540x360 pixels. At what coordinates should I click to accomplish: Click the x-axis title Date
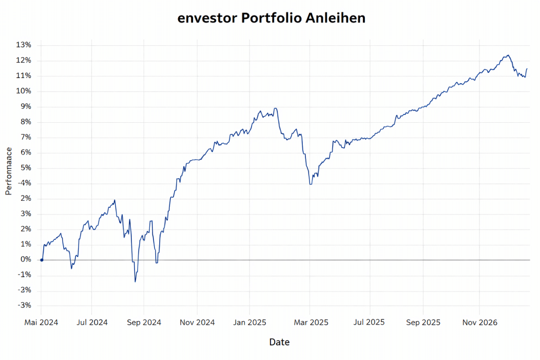coord(279,342)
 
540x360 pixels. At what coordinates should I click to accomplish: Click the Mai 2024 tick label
coord(41,322)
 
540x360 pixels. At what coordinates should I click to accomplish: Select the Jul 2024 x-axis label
coord(92,322)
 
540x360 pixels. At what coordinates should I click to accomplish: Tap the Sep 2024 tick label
coord(144,322)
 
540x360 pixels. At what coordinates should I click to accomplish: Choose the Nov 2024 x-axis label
coord(197,322)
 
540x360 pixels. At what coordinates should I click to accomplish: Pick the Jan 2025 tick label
coord(250,322)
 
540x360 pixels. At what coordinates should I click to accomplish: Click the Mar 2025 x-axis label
coord(310,322)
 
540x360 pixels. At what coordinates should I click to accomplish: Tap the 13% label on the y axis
coord(24,45)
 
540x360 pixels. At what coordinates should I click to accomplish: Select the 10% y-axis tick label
coord(24,91)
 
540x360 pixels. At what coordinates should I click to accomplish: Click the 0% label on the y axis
coord(26,259)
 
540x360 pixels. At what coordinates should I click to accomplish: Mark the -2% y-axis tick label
coord(24,290)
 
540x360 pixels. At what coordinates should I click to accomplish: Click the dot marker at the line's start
coord(42,260)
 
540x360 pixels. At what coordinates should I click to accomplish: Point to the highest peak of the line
coord(507,55)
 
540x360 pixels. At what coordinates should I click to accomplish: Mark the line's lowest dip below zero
coord(135,281)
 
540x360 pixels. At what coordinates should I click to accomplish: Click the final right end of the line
coord(527,69)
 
